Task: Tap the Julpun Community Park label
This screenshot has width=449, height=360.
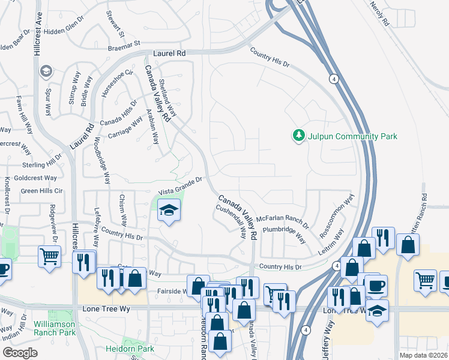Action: click(x=352, y=137)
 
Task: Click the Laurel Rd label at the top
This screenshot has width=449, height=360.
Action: click(x=169, y=53)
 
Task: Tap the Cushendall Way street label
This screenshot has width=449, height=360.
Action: click(x=231, y=221)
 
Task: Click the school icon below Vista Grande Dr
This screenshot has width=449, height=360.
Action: click(x=169, y=211)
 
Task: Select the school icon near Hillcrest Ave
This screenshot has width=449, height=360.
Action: click(x=46, y=72)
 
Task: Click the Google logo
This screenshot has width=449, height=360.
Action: click(x=20, y=353)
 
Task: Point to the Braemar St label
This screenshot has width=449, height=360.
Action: click(x=124, y=44)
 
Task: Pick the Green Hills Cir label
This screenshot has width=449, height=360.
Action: click(x=41, y=191)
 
